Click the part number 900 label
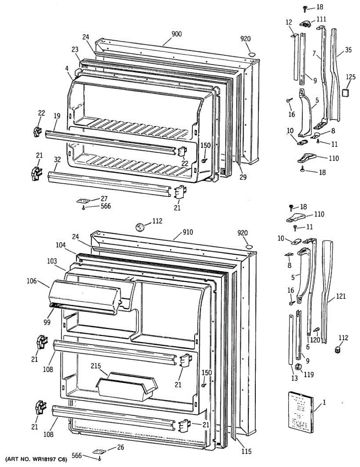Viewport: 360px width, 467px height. click(176, 34)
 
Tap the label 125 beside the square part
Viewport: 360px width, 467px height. click(351, 77)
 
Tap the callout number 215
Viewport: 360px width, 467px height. click(96, 366)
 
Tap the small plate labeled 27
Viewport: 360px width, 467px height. click(83, 201)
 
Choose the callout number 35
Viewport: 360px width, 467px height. click(348, 49)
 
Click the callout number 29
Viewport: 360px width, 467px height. click(243, 177)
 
